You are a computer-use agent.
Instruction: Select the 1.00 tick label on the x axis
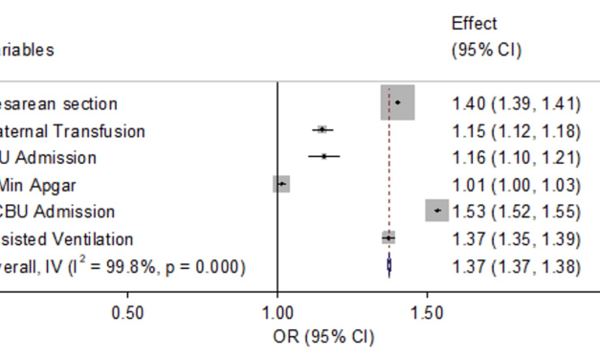[277, 312]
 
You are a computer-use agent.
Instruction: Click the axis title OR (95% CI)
[323, 337]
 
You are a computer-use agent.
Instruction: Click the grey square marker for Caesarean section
[397, 102]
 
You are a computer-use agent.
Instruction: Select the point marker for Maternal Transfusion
[322, 129]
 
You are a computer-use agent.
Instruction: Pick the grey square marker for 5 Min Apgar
[280, 184]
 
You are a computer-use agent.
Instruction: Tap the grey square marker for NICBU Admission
[436, 211]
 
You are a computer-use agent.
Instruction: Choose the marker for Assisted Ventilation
[389, 237]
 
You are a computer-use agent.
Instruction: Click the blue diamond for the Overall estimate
[389, 265]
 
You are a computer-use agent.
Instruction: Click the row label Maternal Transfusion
[73, 130]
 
